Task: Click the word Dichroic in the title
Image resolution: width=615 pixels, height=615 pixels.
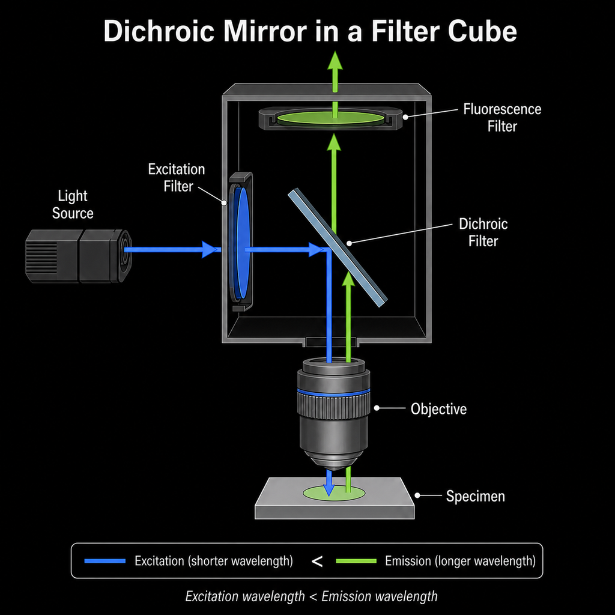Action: point(159,31)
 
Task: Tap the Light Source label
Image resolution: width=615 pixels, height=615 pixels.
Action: point(73,204)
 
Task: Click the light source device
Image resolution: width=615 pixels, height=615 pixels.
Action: point(79,256)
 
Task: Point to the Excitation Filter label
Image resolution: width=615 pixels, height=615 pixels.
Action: point(177,178)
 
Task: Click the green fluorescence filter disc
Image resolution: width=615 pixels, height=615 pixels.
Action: point(331,118)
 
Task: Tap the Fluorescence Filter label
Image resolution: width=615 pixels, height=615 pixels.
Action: point(502,118)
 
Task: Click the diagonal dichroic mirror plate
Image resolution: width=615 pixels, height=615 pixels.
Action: point(338,247)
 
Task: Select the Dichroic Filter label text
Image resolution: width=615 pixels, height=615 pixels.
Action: point(483,232)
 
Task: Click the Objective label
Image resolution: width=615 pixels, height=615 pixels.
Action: point(438,408)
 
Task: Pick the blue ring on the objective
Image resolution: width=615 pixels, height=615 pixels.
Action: point(333,392)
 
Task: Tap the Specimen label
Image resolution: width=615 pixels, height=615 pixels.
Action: point(476,496)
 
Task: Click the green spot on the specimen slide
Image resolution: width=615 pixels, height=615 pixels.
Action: point(334,492)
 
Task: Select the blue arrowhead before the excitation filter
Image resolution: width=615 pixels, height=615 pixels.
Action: point(209,249)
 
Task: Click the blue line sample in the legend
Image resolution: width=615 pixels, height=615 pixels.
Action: point(105,561)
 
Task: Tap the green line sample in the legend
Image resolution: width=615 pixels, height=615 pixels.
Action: point(356,561)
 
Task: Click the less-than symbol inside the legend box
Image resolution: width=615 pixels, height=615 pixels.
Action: point(317,562)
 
